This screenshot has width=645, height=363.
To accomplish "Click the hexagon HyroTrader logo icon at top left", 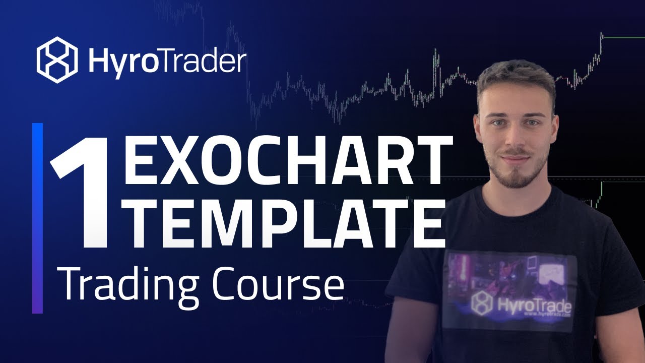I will click(57, 60).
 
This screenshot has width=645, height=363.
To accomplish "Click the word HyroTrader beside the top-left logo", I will click(167, 61).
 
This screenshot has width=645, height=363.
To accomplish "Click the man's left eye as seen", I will click(498, 123).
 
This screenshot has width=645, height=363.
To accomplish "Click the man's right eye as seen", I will click(533, 123).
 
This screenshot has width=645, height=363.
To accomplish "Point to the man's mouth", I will click(516, 159).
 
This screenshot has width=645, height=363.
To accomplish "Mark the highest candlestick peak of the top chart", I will click(601, 34).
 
